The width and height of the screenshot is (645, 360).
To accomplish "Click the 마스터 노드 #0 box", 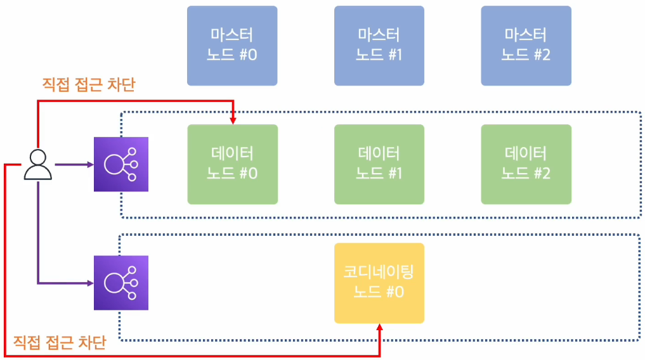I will (232, 45).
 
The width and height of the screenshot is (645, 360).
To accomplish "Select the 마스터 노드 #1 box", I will (379, 45).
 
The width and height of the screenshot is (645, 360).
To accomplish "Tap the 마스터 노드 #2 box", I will (526, 45).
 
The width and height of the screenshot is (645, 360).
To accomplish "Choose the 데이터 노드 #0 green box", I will (232, 164).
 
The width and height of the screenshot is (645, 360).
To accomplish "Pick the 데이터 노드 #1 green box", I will (379, 164).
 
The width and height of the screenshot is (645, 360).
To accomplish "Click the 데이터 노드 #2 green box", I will (526, 164).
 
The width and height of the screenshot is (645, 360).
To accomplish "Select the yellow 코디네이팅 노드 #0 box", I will (379, 283).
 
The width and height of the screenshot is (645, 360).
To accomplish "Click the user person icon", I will (38, 165).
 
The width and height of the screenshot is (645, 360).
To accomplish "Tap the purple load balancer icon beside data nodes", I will (121, 164).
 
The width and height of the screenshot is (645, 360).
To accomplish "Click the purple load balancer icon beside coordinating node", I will (121, 283).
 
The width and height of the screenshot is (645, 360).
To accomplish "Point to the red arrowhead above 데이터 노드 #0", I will (233, 119).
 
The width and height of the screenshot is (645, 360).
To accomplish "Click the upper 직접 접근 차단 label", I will (88, 84).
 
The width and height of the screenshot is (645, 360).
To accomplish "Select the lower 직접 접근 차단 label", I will (60, 343).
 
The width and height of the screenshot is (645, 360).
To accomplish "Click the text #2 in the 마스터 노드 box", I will (541, 55).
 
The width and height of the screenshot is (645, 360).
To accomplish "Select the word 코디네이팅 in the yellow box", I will (379, 273).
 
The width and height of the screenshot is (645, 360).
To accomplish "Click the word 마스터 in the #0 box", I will (232, 35).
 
